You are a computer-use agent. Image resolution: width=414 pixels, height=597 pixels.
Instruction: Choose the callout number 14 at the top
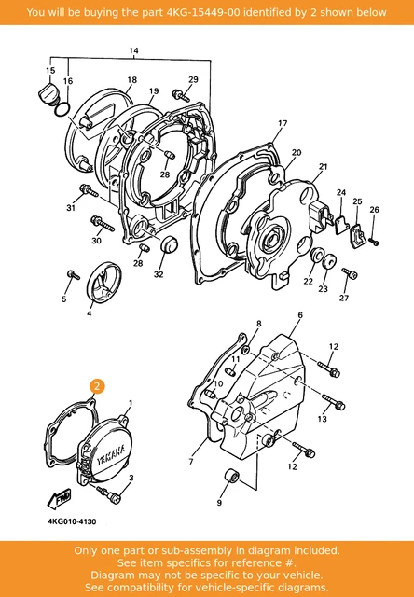click(133, 50)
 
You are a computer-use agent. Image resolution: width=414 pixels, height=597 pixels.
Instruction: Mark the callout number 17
click(283, 123)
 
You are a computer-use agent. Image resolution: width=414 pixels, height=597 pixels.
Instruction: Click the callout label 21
click(324, 167)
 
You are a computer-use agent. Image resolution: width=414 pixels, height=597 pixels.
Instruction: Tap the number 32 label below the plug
click(159, 274)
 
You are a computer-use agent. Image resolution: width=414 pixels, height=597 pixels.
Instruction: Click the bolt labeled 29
click(176, 94)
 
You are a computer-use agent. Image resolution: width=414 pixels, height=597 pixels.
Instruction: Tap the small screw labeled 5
click(73, 274)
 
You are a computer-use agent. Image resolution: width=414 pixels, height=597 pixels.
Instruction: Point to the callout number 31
click(69, 207)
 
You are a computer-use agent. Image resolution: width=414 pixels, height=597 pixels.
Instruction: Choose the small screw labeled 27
click(349, 273)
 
